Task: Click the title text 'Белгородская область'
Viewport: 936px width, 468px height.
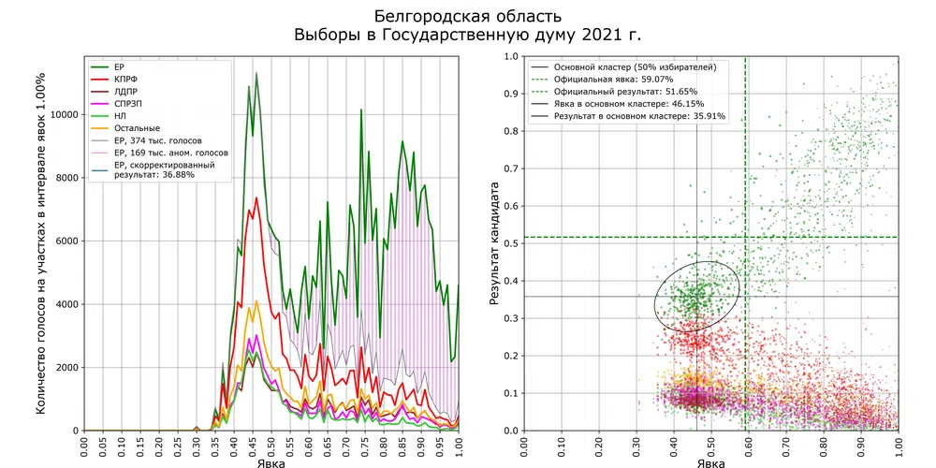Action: point(468,16)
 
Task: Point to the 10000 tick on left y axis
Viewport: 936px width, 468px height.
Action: point(58,114)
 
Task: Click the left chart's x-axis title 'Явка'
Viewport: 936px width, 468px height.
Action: point(271,461)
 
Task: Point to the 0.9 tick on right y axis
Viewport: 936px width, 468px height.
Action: point(509,94)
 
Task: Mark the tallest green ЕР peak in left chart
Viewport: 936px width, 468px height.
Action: point(256,73)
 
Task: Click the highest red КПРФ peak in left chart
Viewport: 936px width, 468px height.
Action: point(256,197)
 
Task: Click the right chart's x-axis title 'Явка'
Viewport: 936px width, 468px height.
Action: point(710,461)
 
